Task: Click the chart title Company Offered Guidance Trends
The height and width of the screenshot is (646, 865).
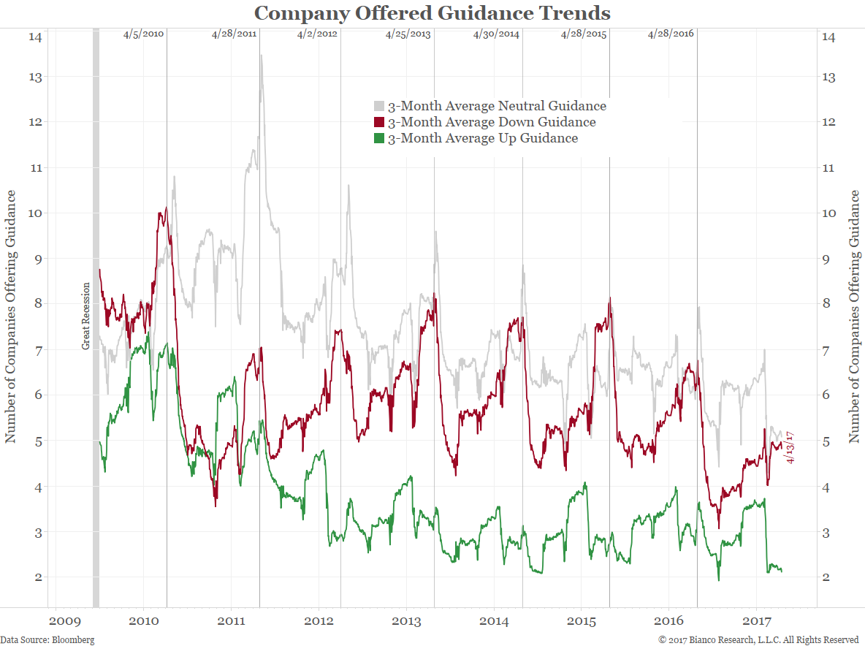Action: (x=432, y=13)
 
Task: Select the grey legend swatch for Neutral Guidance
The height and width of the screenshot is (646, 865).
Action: (x=379, y=106)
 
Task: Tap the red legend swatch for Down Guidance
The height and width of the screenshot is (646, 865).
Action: (x=379, y=122)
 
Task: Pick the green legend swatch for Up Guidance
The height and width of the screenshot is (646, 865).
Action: (x=379, y=138)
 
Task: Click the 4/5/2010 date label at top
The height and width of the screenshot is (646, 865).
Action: (x=143, y=34)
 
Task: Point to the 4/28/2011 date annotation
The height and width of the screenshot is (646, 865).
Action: (x=234, y=34)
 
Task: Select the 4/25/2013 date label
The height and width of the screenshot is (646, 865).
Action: (x=408, y=34)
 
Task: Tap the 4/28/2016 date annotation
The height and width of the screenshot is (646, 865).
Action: (x=671, y=34)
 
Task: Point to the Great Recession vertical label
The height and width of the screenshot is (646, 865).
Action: (x=85, y=316)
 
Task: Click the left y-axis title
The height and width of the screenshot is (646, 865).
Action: (x=11, y=316)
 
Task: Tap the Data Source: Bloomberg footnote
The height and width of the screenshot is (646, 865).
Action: (x=47, y=639)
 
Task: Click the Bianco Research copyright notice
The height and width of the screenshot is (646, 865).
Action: (x=758, y=639)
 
